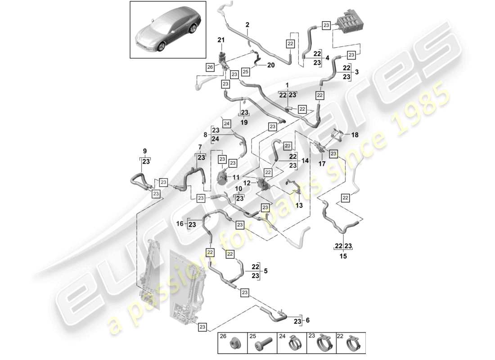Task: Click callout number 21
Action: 221,40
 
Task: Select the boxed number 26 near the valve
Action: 210,67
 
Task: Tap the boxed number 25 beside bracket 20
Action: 245,71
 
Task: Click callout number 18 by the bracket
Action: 355,135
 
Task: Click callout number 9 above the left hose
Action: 145,151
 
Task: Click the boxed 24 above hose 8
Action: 226,124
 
